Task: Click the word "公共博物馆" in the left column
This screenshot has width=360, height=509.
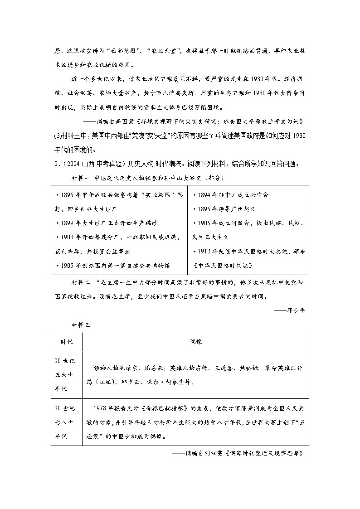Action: [155, 265]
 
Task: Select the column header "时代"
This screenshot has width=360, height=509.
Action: [67, 341]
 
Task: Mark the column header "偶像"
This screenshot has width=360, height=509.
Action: [196, 341]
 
